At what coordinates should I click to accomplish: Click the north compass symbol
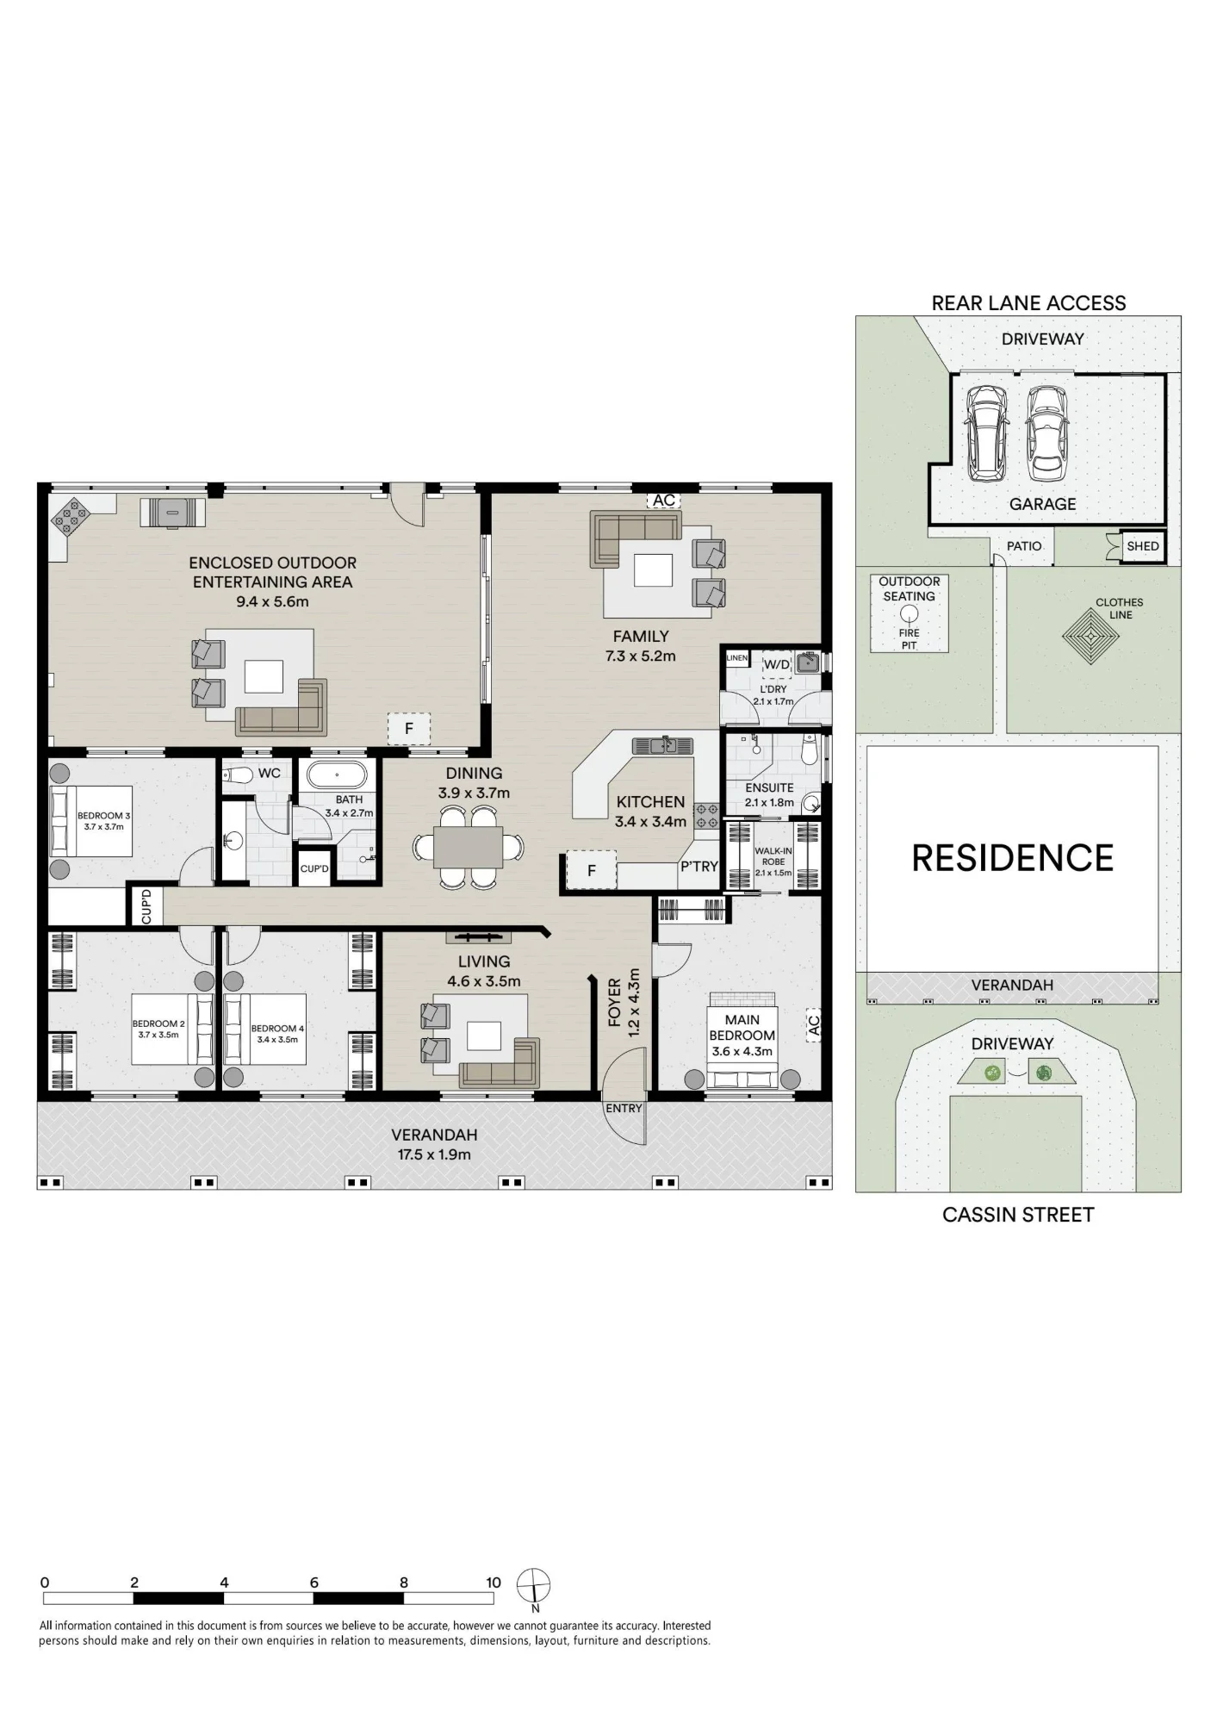pos(533,1584)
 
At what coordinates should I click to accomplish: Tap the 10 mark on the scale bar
pos(493,1583)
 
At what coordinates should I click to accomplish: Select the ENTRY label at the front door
pos(624,1108)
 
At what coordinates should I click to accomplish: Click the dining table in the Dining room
pos(468,847)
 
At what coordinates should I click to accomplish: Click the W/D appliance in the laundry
pos(777,664)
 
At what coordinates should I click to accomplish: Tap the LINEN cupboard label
pos(736,658)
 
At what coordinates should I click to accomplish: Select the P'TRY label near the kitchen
pos(699,867)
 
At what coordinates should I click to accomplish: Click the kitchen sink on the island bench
pos(662,744)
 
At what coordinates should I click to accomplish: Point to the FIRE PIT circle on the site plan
pos(910,614)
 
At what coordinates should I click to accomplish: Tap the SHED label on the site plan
pos(1143,546)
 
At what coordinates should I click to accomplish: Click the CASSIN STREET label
pos(1018,1215)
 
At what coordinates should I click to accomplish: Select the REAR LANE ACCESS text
pos(1028,303)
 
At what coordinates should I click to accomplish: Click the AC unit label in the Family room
pos(664,501)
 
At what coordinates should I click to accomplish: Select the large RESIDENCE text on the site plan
pos(1012,858)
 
